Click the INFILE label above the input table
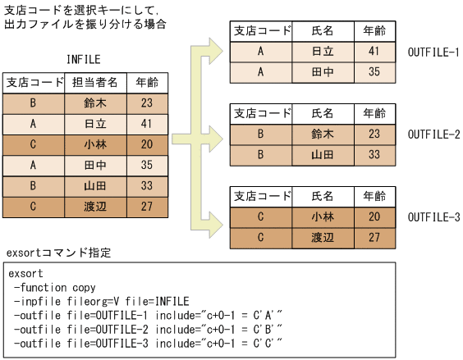click(83, 60)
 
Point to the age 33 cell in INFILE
click(147, 186)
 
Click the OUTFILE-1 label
click(433, 52)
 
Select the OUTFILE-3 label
click(433, 216)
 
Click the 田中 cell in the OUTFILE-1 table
click(323, 72)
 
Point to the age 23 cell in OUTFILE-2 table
click(374, 134)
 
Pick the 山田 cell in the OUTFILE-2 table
click(323, 154)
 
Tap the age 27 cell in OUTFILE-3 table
click(374, 237)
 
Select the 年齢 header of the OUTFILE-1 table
click(374, 31)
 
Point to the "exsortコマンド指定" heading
click(56, 251)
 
